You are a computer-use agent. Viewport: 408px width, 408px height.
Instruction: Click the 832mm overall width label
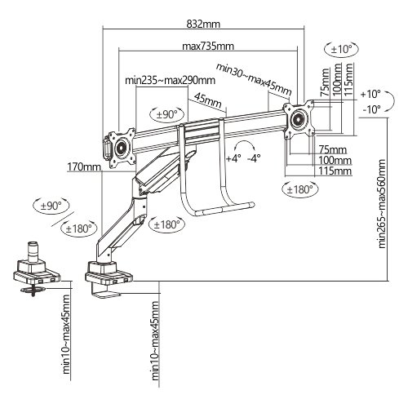click(204, 24)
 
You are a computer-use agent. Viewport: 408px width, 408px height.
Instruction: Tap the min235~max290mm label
click(170, 80)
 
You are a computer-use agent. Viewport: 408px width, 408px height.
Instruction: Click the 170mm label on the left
click(85, 168)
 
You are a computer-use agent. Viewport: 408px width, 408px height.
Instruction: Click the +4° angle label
click(233, 157)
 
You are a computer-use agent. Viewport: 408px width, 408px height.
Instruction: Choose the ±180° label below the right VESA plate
click(300, 189)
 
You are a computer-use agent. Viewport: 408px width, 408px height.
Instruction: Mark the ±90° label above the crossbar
click(166, 113)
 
